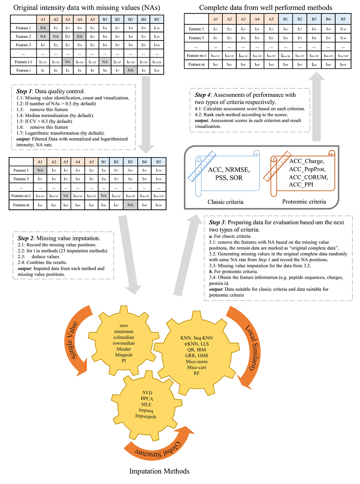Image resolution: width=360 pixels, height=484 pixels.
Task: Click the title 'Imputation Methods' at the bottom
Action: point(159,471)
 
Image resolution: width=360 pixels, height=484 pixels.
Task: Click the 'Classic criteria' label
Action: point(225,202)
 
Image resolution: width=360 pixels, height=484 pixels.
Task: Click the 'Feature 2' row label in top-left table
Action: point(23,36)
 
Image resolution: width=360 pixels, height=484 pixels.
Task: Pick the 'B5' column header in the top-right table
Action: point(343,19)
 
